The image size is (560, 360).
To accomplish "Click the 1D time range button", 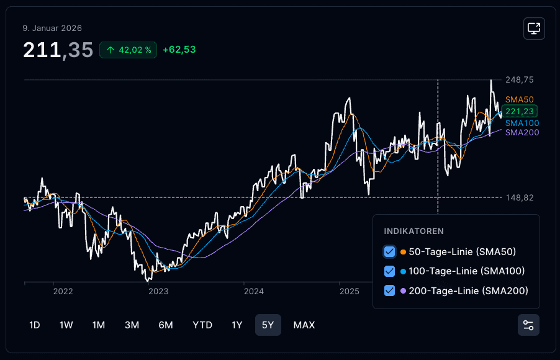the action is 35,325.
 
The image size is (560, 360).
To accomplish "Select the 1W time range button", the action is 66,325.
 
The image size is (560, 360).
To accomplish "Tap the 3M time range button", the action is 132,325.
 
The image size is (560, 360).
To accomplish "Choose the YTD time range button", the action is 202,325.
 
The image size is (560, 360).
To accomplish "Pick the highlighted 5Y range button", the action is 268,325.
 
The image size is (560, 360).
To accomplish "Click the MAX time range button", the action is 304,325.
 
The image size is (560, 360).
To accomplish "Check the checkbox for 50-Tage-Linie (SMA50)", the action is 389,252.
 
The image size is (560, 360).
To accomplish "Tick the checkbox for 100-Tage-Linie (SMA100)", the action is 389,271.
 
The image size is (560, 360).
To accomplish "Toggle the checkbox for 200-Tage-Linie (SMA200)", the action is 389,290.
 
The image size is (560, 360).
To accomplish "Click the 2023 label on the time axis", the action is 158,292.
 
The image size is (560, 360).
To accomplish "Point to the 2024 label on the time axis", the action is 254,292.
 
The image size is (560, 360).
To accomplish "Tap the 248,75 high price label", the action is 520,79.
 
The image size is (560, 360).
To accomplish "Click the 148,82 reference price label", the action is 520,197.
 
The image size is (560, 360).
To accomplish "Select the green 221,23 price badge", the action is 520,112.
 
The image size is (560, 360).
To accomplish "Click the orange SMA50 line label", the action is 519,100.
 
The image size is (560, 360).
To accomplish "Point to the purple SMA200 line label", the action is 522,132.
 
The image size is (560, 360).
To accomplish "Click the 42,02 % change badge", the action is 129,50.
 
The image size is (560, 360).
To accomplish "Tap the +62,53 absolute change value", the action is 179,50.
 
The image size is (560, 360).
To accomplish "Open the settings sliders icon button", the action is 528,325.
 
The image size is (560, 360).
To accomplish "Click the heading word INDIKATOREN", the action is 414,231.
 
